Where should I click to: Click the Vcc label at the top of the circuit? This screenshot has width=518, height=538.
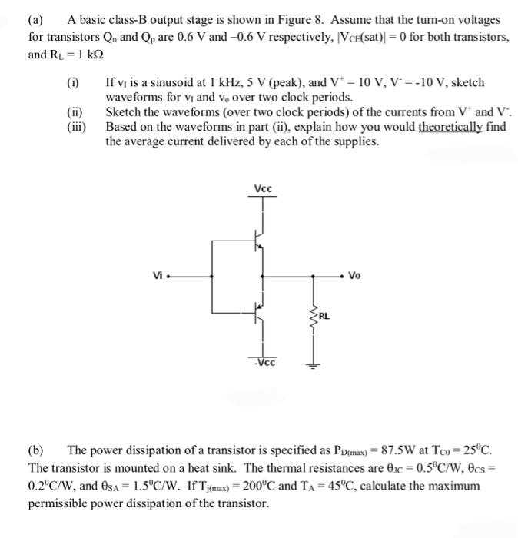point(263,189)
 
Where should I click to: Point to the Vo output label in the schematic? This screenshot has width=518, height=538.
point(355,275)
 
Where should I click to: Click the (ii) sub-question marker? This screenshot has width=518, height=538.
point(74,113)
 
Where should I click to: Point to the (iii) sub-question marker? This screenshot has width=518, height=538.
point(75,127)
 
